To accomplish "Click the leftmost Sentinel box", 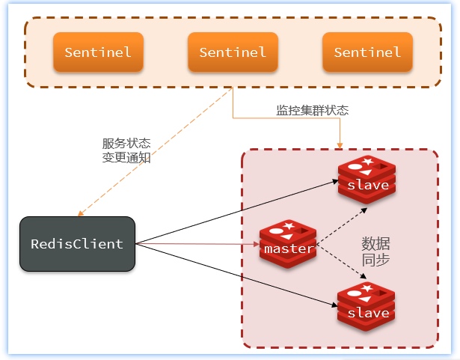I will click(98, 52).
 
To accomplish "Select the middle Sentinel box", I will click(233, 52).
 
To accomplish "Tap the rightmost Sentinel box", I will click(367, 52).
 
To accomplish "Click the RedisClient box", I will click(77, 244).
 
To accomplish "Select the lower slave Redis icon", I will click(367, 308).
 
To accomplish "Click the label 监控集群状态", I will click(312, 110).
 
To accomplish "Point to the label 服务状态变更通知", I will click(126, 150).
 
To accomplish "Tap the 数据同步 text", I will click(375, 252).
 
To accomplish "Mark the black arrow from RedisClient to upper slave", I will click(232, 212).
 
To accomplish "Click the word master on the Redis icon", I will click(288, 249).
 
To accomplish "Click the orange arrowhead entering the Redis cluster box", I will click(340, 144).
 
